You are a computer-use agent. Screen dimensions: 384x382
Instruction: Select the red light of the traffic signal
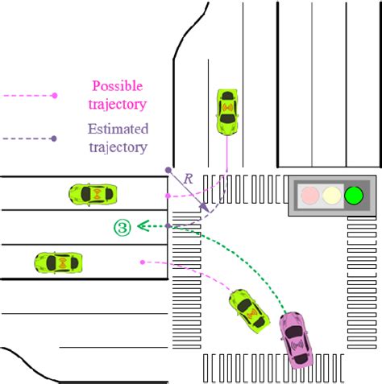[309, 194]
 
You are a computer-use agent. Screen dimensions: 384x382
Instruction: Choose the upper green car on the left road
[93, 193]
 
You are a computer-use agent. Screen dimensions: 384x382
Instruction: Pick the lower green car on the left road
[59, 262]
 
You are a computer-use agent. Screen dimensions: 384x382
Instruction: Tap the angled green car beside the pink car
[248, 310]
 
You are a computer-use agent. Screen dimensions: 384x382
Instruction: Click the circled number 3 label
[122, 227]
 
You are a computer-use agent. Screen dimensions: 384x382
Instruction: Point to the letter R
[188, 180]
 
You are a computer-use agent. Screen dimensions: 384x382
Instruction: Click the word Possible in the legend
[117, 85]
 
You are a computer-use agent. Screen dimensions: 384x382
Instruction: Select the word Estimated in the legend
[118, 129]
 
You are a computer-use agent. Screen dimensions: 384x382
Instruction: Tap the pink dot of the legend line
[54, 95]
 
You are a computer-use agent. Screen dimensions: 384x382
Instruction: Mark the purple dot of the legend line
[54, 138]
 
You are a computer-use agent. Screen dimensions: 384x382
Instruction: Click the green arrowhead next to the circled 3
[139, 226]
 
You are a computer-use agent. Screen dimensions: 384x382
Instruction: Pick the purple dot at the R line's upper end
[168, 170]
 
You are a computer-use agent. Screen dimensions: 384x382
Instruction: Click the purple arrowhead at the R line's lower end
[207, 211]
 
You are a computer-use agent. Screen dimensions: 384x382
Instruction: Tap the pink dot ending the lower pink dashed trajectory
[142, 262]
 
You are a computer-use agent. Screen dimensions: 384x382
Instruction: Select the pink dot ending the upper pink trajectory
[167, 196]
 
